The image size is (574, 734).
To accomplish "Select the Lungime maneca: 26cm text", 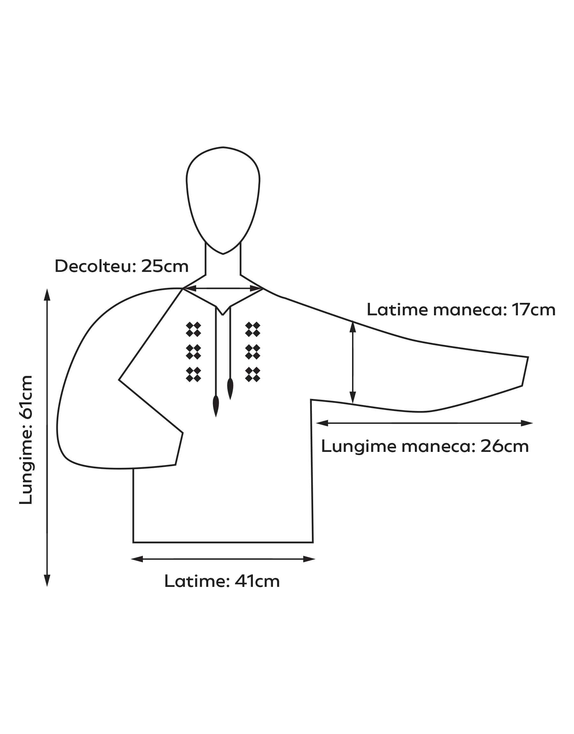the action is coord(425,447).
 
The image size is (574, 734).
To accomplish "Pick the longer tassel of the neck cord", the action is coord(216,406).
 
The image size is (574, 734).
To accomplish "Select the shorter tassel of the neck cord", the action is coord(230,389).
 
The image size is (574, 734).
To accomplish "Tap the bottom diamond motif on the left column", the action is coord(193,375).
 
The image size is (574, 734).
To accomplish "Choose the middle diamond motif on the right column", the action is coord(253,352).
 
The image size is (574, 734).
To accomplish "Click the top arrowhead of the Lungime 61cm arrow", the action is coord(48,295).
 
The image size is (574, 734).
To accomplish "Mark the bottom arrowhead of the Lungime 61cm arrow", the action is coord(48,581).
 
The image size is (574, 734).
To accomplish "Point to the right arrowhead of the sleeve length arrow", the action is coord(526,423).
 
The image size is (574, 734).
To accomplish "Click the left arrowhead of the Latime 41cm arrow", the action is coord(137,559).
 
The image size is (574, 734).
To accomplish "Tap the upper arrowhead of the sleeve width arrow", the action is coord(353,327).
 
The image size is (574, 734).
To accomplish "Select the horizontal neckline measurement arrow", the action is coord(223,288).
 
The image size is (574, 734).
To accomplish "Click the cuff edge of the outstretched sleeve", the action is coord(525,371).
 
